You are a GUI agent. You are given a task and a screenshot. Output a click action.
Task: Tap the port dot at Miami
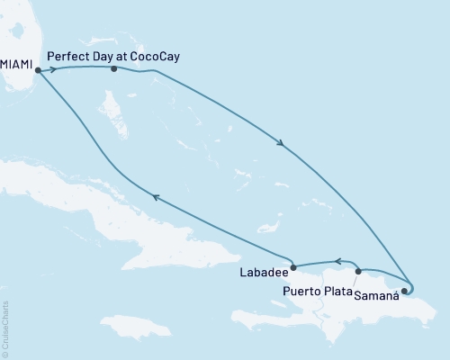point(38,69)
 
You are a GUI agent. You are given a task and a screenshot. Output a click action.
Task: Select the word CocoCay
point(153,55)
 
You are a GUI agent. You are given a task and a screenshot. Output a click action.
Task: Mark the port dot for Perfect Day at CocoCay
point(113,68)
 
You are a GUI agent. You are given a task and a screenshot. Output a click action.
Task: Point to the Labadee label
point(264,272)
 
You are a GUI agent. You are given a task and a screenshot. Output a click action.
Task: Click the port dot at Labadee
point(293,266)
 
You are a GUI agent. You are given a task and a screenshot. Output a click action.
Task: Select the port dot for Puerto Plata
point(358,270)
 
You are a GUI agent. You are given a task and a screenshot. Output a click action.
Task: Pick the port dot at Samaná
point(404,291)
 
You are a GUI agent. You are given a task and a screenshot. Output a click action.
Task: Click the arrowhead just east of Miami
point(54,68)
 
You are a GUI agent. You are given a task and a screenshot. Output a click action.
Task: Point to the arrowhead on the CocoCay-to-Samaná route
point(282,143)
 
